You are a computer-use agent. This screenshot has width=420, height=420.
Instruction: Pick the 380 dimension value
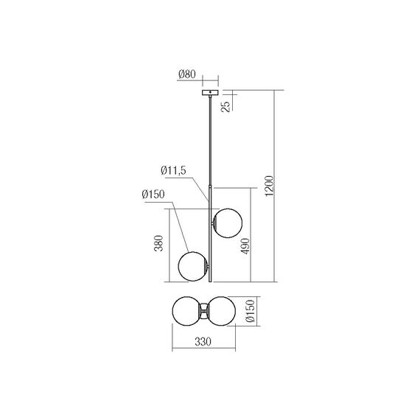(155, 245)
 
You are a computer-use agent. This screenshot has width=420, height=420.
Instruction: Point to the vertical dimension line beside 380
(172, 243)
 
